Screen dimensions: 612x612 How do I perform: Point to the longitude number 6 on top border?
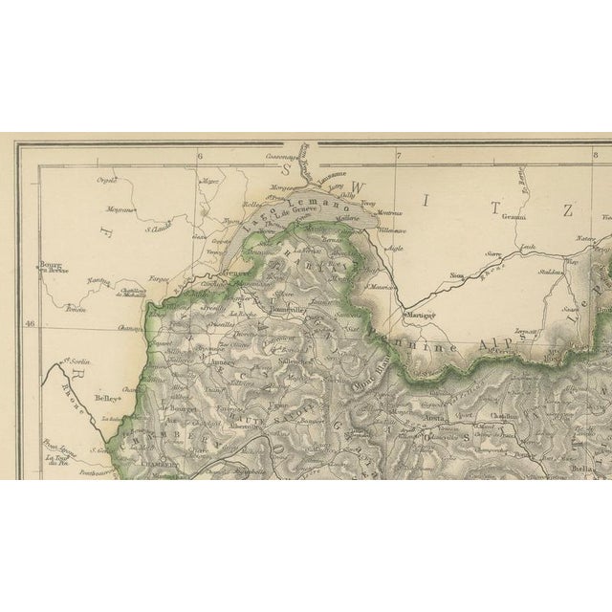tap(200, 156)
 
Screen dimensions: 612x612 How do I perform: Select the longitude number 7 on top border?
tap(399, 156)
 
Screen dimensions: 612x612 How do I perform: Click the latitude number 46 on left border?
tap(30, 325)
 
